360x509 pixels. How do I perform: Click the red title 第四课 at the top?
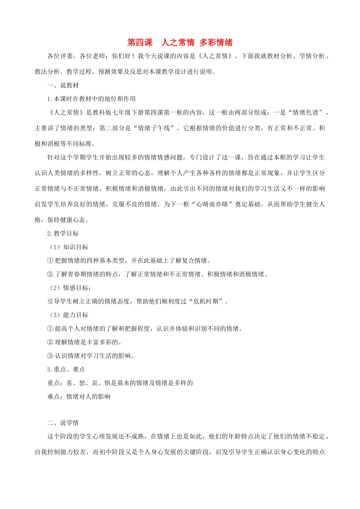[139, 42]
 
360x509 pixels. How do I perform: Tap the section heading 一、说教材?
[63, 85]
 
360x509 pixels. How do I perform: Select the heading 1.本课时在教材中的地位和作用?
[91, 99]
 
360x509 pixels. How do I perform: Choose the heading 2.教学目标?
[63, 233]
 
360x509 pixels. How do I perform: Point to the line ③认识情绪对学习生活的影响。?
[91, 356]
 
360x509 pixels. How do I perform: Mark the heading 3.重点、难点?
[66, 369]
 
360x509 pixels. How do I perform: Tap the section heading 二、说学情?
[63, 423]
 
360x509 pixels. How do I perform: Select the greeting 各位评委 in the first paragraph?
[60, 56]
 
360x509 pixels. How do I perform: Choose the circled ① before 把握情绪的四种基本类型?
[50, 261]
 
